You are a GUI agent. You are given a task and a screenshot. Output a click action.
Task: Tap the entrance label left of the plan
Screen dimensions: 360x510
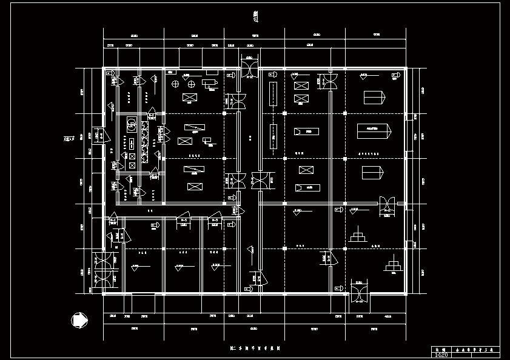pyautogui.click(x=70, y=139)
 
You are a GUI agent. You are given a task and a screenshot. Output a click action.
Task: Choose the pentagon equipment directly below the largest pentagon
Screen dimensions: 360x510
pyautogui.click(x=372, y=173)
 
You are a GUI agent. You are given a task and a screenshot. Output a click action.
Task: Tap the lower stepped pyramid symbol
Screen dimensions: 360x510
pyautogui.click(x=393, y=266)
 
